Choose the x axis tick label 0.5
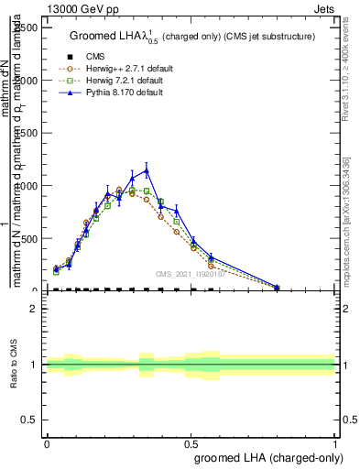coord(191,443)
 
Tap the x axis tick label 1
coord(335,443)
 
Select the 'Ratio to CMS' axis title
coord(14,365)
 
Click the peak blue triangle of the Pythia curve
coord(147,169)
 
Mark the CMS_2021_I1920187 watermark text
coord(190,273)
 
